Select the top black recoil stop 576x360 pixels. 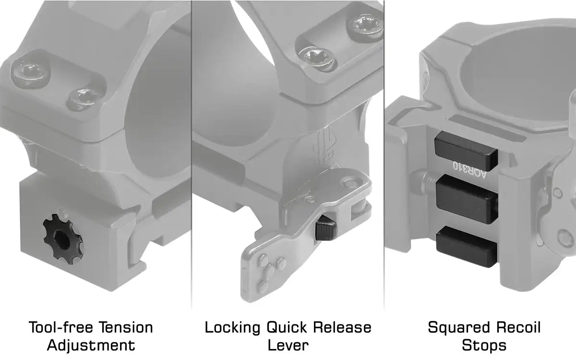466,151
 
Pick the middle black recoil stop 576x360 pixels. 467,199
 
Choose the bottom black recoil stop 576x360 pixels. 466,246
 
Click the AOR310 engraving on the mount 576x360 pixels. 469,170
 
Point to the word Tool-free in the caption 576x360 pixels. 61,327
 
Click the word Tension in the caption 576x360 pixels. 126,327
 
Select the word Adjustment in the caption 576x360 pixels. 91,345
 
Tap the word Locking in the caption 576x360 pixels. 233,328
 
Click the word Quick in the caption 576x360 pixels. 287,327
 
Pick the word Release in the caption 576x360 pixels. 342,327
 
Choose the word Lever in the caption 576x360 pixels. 288,345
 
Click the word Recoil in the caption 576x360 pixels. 518,327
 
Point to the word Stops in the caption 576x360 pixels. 484,346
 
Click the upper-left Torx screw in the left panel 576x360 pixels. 31,73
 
